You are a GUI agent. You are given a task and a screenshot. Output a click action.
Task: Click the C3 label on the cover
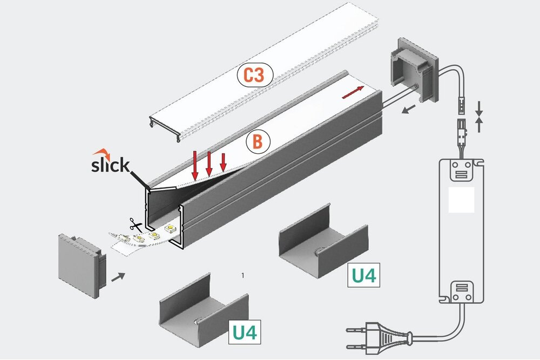(x=253, y=76)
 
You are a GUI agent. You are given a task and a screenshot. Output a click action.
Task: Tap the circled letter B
(x=258, y=142)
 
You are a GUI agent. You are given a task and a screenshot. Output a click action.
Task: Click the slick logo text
(x=110, y=165)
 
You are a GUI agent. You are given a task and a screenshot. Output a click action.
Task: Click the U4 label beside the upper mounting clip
(x=363, y=276)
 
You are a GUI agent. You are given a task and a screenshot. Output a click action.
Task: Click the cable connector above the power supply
(x=462, y=124)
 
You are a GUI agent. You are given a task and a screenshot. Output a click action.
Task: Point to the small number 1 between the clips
(x=244, y=275)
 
